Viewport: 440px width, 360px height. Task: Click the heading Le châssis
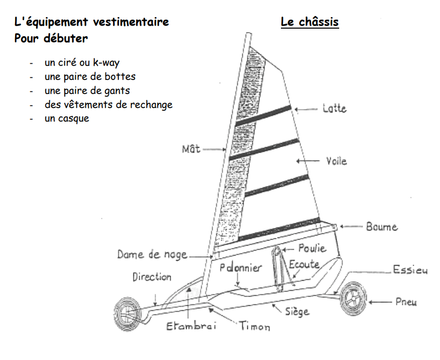pyautogui.click(x=310, y=22)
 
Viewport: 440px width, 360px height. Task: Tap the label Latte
pyautogui.click(x=334, y=108)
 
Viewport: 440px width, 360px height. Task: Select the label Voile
pyautogui.click(x=336, y=161)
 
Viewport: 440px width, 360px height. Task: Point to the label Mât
pyautogui.click(x=191, y=149)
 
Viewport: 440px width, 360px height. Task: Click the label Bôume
pyautogui.click(x=381, y=227)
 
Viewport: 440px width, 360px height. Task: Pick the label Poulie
pyautogui.click(x=312, y=248)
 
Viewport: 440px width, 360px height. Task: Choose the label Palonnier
pyautogui.click(x=241, y=268)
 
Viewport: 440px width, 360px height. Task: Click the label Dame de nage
pyautogui.click(x=152, y=255)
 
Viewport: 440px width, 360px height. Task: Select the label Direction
pyautogui.click(x=152, y=277)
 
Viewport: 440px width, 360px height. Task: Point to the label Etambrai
pyautogui.click(x=191, y=326)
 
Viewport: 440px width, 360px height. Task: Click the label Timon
pyautogui.click(x=254, y=326)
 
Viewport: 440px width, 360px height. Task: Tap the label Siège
pyautogui.click(x=297, y=312)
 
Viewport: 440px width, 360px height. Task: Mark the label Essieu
pyautogui.click(x=410, y=271)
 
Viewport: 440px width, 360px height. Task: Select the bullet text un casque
pyautogui.click(x=67, y=118)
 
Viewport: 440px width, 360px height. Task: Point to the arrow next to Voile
pyautogui.click(x=308, y=161)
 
